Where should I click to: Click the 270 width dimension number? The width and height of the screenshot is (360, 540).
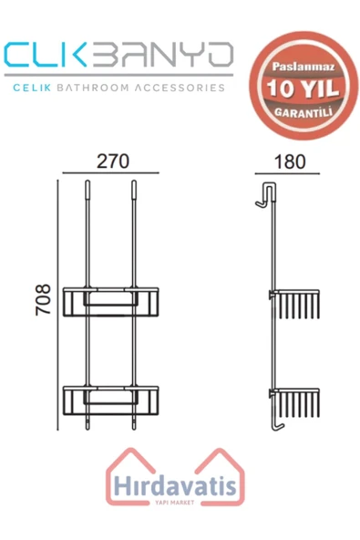tap(113, 161)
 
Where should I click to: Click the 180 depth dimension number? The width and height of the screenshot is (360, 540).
tap(290, 161)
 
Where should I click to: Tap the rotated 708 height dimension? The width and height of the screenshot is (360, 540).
tap(44, 300)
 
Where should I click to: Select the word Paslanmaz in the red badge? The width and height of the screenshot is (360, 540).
tap(303, 67)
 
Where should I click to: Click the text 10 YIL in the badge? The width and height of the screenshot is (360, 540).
tap(303, 88)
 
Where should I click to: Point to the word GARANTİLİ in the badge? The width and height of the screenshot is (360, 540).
tap(303, 112)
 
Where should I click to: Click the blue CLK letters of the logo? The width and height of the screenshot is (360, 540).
tap(45, 55)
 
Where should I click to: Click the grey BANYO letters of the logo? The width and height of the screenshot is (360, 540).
tap(163, 55)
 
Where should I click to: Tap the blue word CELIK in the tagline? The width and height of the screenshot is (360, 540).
tap(32, 88)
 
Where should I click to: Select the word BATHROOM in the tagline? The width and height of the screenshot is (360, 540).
tap(93, 88)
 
